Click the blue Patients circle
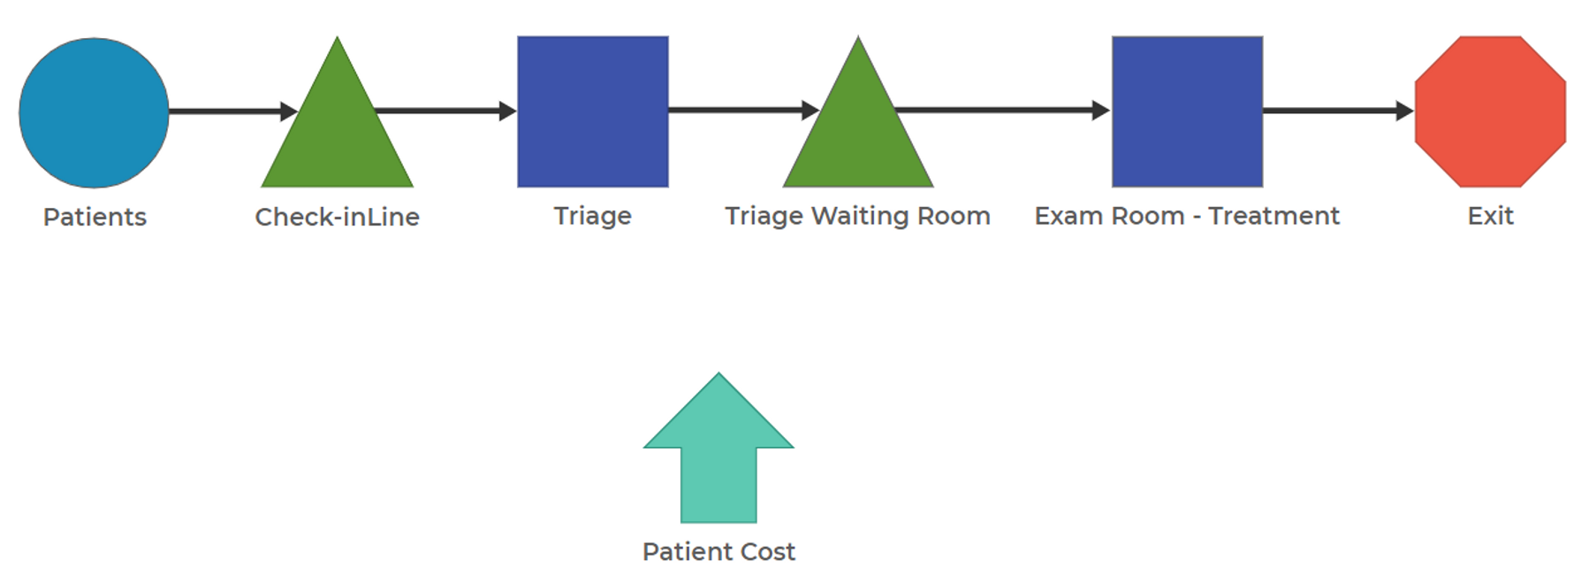click(94, 112)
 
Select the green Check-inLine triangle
click(337, 133)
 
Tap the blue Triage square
click(592, 111)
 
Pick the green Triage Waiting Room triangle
click(857, 133)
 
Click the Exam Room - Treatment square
click(1187, 111)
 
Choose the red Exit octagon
click(1490, 111)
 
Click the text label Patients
click(95, 217)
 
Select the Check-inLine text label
click(337, 217)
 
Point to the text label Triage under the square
click(592, 216)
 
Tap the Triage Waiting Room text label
click(857, 216)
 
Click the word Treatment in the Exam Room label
click(1273, 216)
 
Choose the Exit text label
click(1490, 216)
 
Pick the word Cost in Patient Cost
click(767, 551)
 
